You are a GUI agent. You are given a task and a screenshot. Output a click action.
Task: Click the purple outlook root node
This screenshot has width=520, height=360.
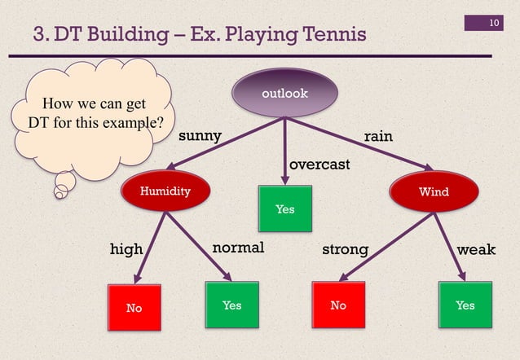[284, 93]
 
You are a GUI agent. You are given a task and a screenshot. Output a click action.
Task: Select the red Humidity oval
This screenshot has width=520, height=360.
[165, 191]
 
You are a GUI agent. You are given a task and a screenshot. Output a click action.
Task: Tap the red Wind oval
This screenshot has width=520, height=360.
[433, 191]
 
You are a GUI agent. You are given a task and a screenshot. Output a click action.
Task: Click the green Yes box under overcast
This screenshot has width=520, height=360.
[284, 209]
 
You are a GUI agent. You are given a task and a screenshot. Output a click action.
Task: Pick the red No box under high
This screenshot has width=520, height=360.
[133, 307]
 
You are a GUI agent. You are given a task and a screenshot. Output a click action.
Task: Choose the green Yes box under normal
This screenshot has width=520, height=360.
[231, 305]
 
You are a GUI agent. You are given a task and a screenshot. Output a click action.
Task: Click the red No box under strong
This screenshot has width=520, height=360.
[338, 305]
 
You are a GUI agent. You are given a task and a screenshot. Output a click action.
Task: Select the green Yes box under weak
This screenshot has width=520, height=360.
[465, 305]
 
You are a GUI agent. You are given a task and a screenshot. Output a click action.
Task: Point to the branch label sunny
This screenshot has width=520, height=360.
[200, 136]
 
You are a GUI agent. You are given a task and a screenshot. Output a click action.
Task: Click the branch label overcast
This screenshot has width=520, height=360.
[320, 165]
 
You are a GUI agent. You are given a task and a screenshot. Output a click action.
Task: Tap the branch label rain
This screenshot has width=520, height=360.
[378, 136]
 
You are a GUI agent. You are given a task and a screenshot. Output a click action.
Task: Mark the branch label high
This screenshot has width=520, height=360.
[126, 248]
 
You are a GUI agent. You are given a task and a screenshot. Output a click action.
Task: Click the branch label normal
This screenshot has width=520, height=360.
[238, 248]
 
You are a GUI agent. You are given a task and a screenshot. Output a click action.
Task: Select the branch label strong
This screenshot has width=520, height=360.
[346, 248]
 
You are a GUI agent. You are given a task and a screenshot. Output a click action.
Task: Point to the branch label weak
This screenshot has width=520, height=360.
[476, 248]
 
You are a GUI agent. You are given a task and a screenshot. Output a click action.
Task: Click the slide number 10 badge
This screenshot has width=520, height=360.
[494, 21]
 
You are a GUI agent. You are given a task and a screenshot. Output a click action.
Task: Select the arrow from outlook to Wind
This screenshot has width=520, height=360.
[359, 143]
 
